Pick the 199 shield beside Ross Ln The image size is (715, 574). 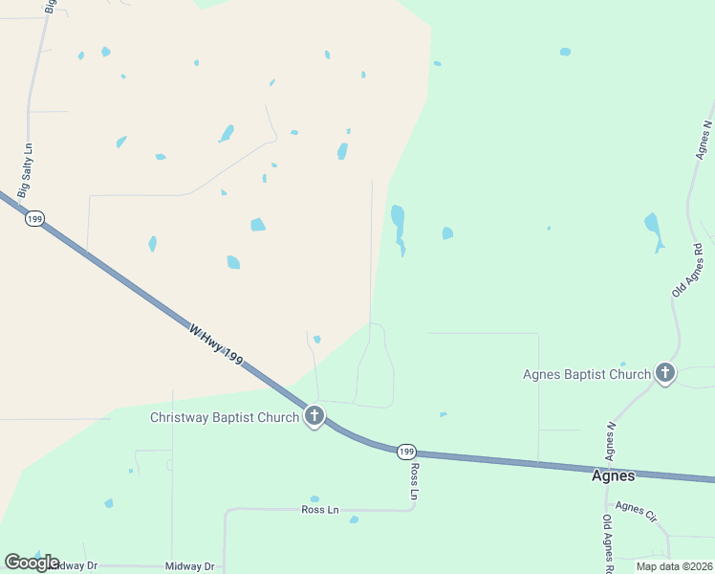(406, 451)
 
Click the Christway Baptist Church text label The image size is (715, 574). (225, 418)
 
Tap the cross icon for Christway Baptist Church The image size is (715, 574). (314, 416)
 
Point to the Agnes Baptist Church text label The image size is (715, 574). (587, 374)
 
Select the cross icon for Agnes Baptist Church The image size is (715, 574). (665, 373)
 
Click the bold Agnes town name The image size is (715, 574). (613, 475)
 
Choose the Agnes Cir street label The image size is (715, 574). (637, 512)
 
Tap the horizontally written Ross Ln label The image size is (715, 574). (320, 510)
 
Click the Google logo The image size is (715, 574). (32, 562)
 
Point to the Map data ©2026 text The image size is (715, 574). (674, 566)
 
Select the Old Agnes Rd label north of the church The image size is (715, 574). (687, 271)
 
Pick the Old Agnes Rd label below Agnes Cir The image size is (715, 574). (607, 542)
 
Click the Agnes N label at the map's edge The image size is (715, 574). (704, 139)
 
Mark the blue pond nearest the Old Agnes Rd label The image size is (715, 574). (653, 230)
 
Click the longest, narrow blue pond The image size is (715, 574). (398, 228)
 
